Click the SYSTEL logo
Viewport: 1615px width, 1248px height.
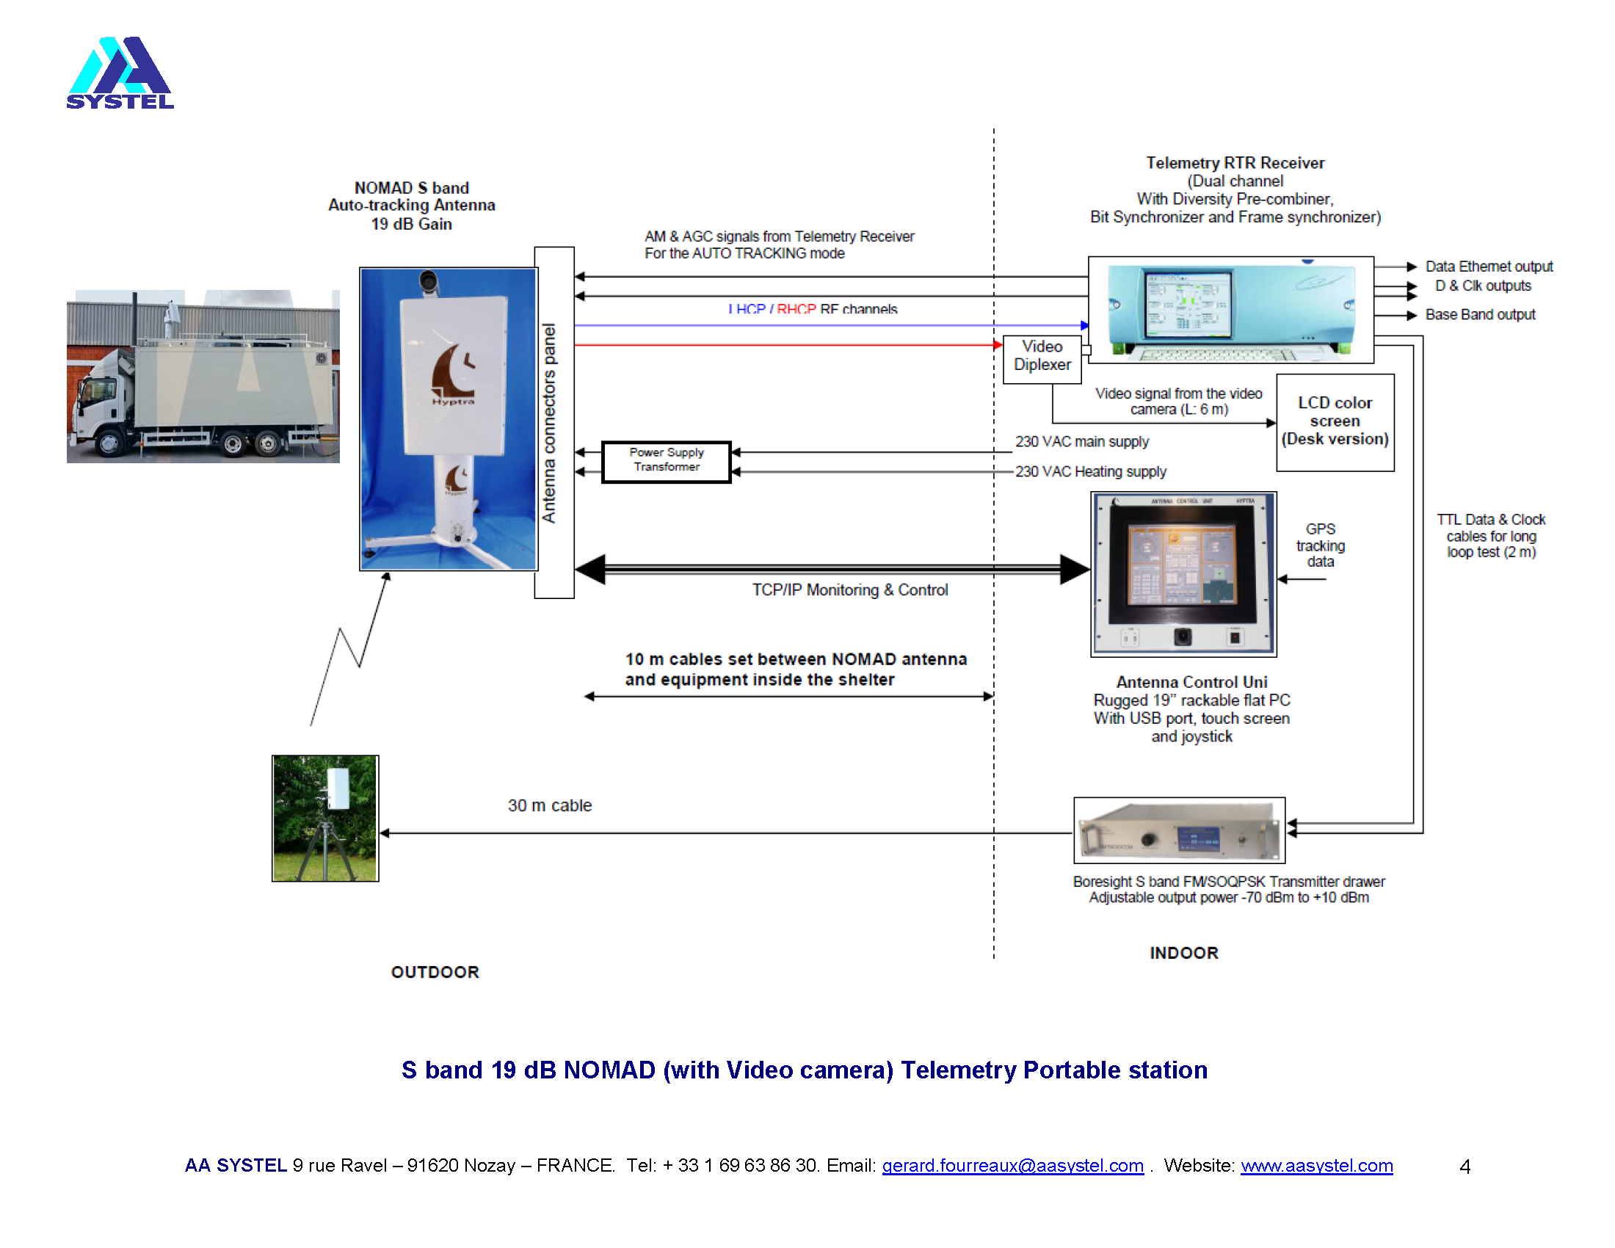tap(120, 73)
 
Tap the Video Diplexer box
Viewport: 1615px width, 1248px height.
tap(1041, 356)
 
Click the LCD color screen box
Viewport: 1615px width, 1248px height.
tap(1335, 421)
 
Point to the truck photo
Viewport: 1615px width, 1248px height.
tap(203, 377)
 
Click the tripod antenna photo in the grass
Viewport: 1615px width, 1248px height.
tap(324, 818)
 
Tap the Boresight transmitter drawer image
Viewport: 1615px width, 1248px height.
tap(1179, 830)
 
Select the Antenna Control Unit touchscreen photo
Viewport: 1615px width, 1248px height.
tap(1183, 574)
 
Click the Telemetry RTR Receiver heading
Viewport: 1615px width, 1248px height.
tap(1234, 163)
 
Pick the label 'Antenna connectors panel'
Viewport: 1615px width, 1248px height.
tap(548, 423)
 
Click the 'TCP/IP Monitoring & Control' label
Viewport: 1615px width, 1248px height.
tap(849, 590)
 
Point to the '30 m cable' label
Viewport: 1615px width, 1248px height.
tap(549, 805)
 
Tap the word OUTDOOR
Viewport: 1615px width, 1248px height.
tap(435, 972)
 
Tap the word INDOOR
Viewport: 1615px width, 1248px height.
tap(1183, 953)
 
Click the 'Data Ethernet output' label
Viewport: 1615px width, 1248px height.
tap(1489, 266)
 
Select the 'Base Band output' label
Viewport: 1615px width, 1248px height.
tap(1480, 315)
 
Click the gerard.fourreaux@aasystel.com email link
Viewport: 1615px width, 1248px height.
tap(1012, 1166)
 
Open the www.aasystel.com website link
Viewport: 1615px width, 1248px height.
tap(1316, 1166)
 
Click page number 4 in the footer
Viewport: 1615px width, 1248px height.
tap(1465, 1167)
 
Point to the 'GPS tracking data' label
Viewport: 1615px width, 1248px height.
tap(1320, 545)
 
